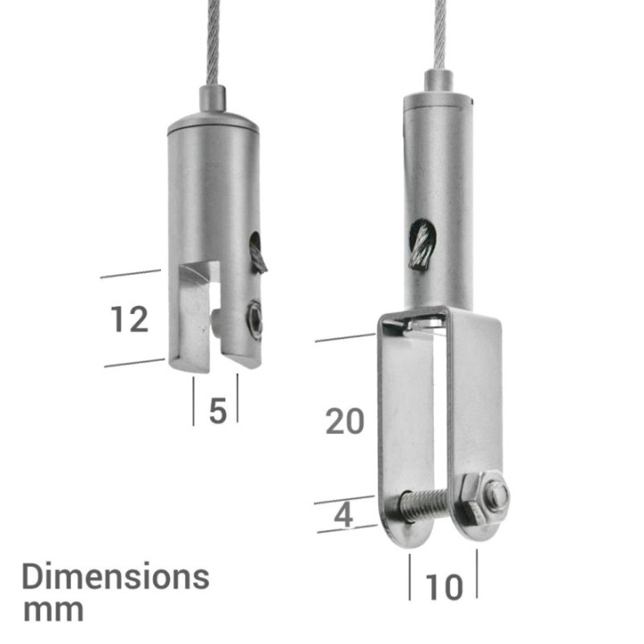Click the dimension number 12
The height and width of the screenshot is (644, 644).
coord(130,319)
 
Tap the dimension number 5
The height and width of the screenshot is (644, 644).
coord(217,411)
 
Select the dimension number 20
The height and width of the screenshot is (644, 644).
coord(345,421)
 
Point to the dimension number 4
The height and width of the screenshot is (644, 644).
coord(343,515)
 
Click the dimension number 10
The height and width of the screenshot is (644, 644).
coord(444,588)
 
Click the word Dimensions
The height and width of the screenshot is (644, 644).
coord(115,577)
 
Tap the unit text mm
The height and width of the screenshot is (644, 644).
coord(54,611)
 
